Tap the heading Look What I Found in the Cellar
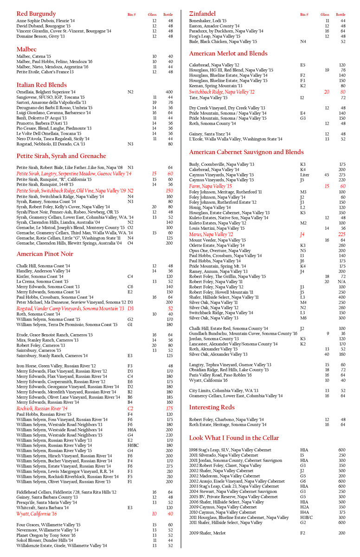234,438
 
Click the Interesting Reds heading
212,407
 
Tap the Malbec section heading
26,49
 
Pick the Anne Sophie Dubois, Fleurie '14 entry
45,21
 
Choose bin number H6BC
133,445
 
